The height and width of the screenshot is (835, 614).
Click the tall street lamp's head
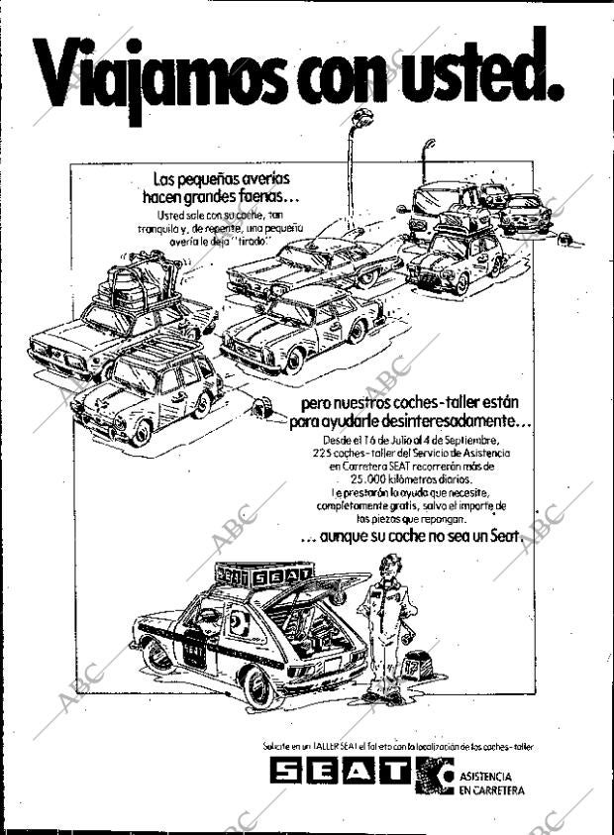point(360,120)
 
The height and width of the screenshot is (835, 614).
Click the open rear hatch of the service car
point(307,594)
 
